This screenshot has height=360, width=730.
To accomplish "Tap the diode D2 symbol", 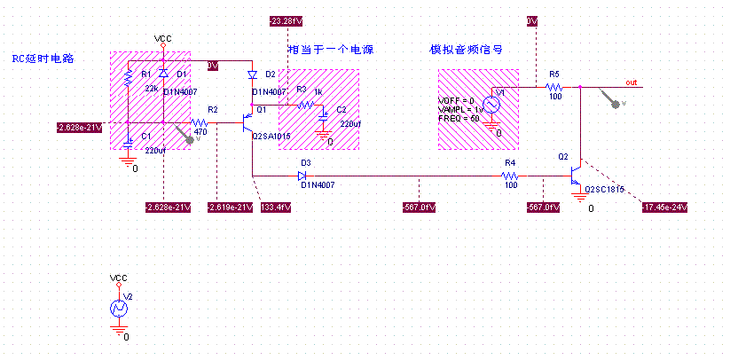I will [x=252, y=74].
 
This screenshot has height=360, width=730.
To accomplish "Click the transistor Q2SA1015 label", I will [x=271, y=137].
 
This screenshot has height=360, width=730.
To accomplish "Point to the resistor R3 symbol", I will [x=307, y=105].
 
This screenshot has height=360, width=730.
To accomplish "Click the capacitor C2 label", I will [x=341, y=109].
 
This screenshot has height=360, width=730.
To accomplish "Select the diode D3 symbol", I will [x=305, y=176].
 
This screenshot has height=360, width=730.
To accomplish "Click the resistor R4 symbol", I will [x=511, y=176].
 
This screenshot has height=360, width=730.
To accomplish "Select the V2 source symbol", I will [x=119, y=309].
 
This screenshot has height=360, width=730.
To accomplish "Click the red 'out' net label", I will [x=631, y=82].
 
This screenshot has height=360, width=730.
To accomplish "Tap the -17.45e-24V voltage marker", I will [x=663, y=207].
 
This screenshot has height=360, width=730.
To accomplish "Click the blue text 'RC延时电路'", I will [x=43, y=59].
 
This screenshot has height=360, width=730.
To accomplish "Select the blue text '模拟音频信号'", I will [x=467, y=50].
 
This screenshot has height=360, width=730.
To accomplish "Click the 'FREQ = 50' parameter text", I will [x=459, y=118].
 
